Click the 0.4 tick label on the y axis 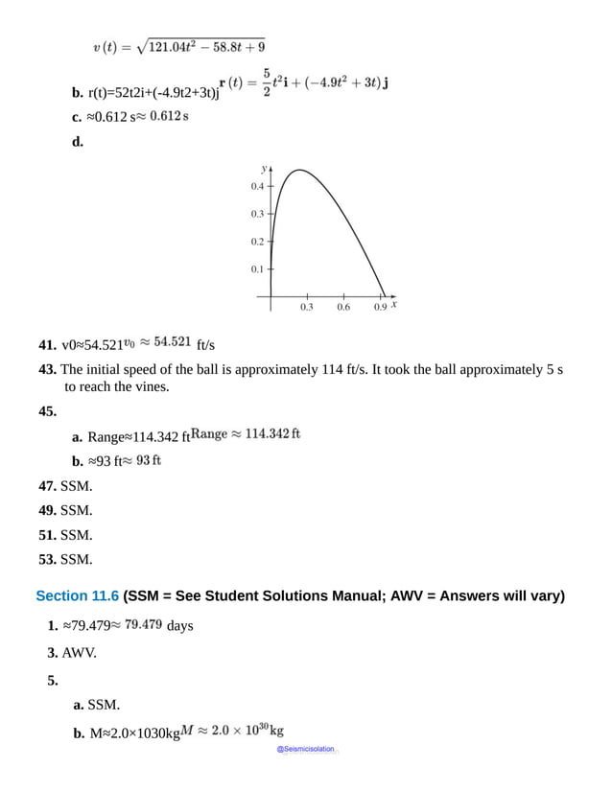pos(257,186)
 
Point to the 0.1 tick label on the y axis pos(257,269)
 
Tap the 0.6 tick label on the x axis pos(343,308)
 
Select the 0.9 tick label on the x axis pos(380,308)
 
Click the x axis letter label pos(394,305)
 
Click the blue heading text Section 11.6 pos(77,595)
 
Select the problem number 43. pos(47,369)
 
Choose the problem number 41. pos(47,344)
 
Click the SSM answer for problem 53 pos(76,559)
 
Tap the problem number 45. pos(47,411)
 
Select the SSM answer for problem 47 pos(76,486)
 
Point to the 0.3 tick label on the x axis pos(306,308)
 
